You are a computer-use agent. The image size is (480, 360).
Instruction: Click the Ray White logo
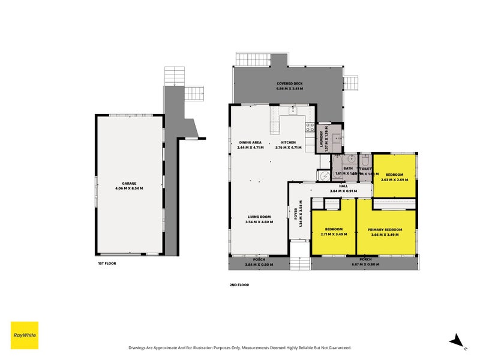25,335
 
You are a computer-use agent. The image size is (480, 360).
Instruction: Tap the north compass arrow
458,340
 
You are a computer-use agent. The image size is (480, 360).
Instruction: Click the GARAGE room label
130,183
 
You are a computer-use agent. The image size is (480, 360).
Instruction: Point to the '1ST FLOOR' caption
107,263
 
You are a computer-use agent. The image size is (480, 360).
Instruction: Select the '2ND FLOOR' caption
239,285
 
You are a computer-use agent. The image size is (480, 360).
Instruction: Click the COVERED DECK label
289,83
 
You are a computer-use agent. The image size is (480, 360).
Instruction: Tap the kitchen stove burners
310,127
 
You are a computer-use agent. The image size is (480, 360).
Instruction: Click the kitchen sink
293,110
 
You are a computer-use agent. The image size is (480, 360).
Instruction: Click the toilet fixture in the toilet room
365,160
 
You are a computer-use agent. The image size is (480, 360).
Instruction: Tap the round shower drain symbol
325,176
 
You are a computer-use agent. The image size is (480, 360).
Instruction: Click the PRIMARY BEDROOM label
385,230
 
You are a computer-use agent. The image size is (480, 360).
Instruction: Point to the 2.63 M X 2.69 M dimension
394,179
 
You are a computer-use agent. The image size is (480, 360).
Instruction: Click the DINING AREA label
250,142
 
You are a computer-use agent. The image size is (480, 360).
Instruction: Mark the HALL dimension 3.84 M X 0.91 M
343,191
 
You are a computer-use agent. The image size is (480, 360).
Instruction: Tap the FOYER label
295,216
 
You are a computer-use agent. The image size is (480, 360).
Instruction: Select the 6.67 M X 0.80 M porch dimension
362,265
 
